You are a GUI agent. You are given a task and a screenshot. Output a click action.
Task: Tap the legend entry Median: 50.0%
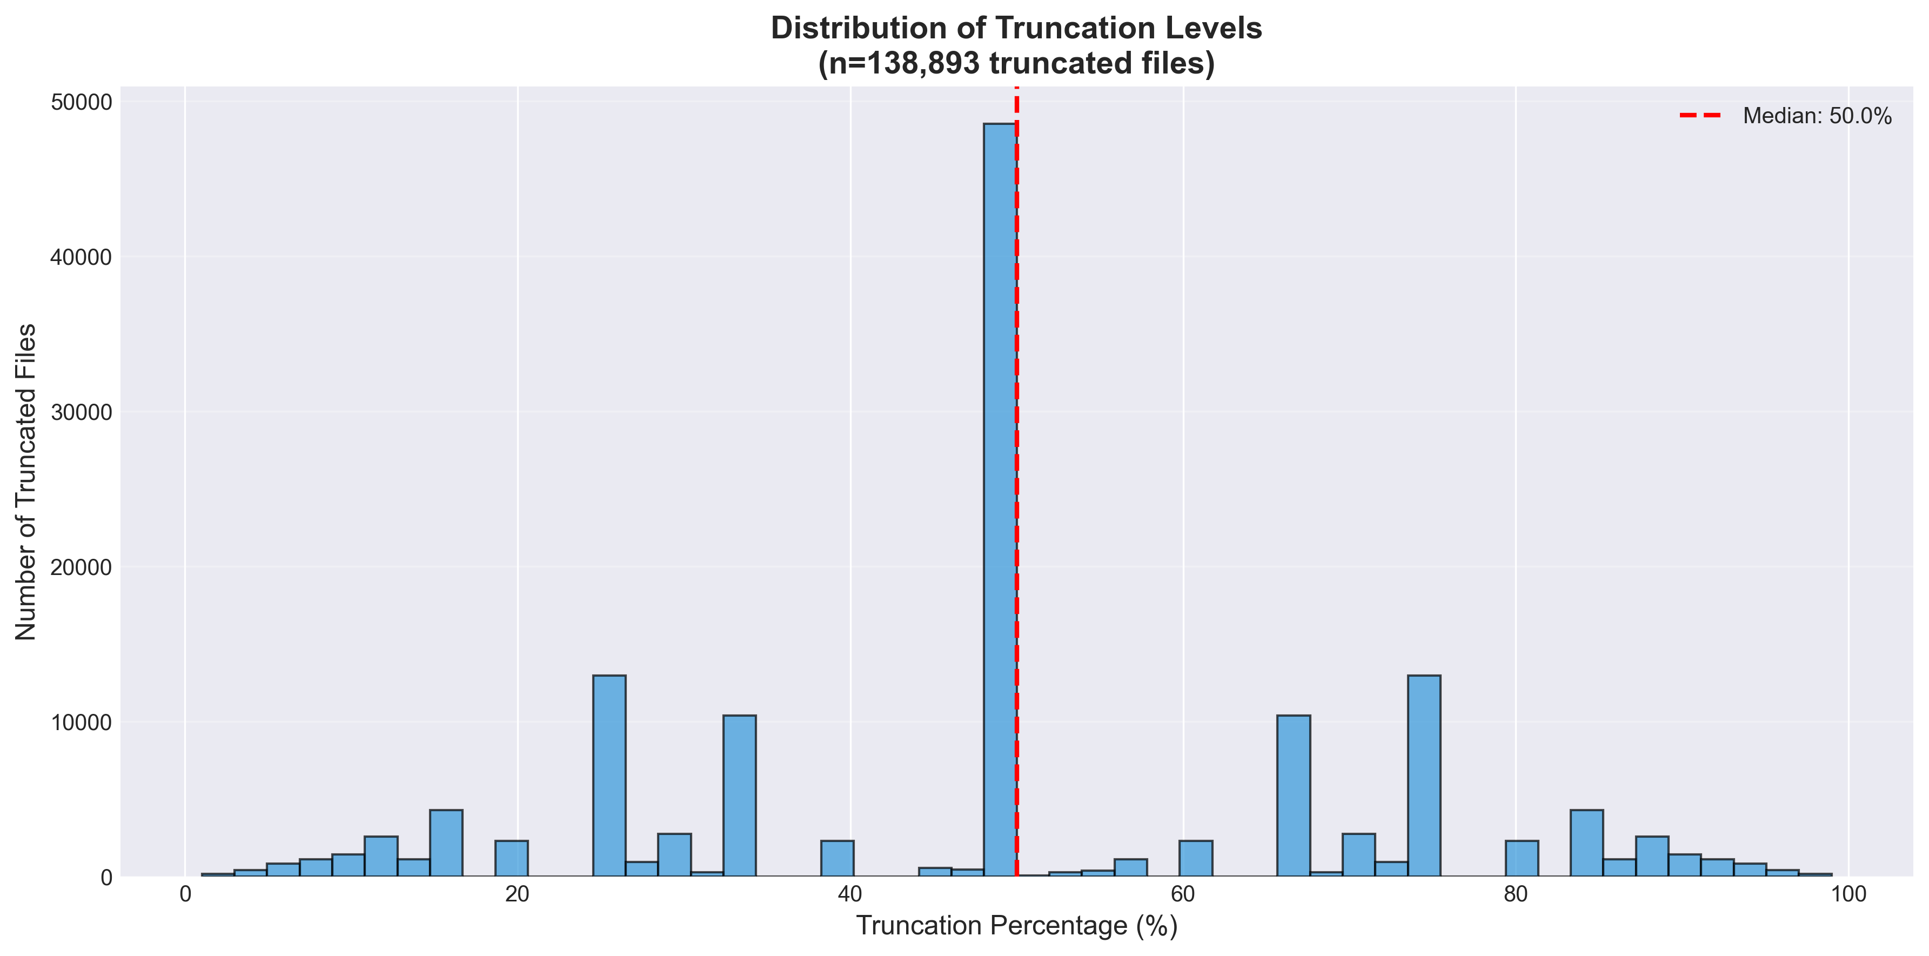pyautogui.click(x=1817, y=116)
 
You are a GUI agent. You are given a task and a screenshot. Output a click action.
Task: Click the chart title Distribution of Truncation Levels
pyautogui.click(x=1016, y=29)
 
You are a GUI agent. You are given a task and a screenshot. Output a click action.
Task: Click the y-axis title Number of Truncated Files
pyautogui.click(x=26, y=481)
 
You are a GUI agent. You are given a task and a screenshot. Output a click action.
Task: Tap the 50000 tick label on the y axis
pyautogui.click(x=82, y=102)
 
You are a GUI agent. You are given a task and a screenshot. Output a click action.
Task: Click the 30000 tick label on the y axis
pyautogui.click(x=82, y=412)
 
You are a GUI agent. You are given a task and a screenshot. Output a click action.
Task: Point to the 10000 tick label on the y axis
pyautogui.click(x=82, y=722)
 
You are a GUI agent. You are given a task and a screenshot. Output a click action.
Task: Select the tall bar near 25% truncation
pyautogui.click(x=609, y=776)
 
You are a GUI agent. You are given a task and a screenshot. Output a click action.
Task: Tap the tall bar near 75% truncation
pyautogui.click(x=1424, y=776)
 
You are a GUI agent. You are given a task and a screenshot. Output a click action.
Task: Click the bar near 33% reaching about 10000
pyautogui.click(x=739, y=795)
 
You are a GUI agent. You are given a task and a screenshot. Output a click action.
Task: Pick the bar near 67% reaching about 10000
pyautogui.click(x=1293, y=795)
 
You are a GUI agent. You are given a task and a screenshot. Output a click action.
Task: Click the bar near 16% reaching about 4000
pyautogui.click(x=446, y=843)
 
